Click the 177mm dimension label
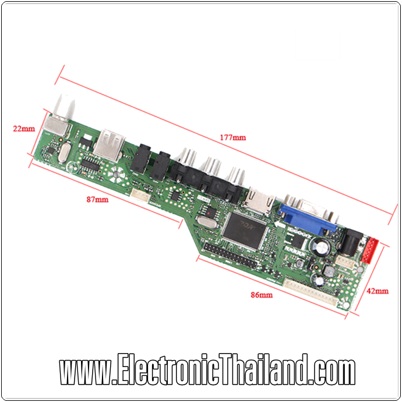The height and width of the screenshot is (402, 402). pyautogui.click(x=232, y=137)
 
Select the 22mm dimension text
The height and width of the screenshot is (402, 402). pyautogui.click(x=24, y=128)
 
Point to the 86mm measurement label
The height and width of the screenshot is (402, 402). pyautogui.click(x=262, y=295)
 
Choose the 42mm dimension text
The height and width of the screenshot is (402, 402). pyautogui.click(x=378, y=290)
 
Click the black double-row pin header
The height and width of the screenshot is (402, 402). pyautogui.click(x=230, y=261)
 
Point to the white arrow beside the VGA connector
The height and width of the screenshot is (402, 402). pyautogui.click(x=280, y=223)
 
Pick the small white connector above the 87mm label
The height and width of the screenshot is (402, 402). pyautogui.click(x=137, y=196)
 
